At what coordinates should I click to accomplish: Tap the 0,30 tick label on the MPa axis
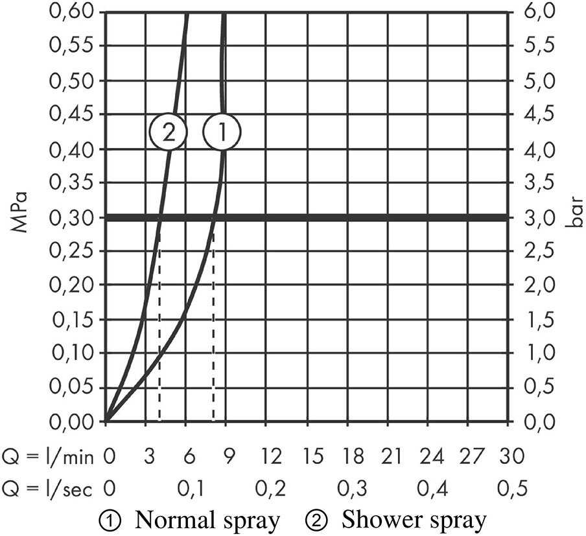click(72, 217)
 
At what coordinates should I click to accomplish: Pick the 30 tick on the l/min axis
click(511, 457)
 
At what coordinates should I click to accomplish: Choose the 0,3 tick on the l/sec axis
click(352, 487)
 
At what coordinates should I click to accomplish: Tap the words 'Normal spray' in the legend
click(207, 520)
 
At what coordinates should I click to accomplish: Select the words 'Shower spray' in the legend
click(414, 520)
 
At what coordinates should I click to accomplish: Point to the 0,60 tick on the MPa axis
click(72, 12)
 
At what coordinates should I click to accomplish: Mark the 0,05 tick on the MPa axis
click(72, 387)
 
